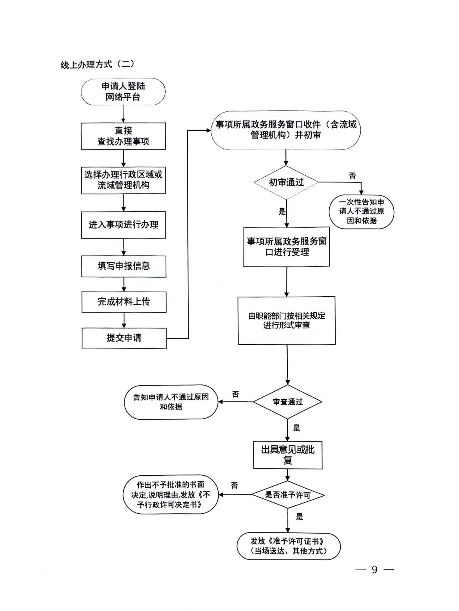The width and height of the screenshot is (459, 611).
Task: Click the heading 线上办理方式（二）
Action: click(97, 65)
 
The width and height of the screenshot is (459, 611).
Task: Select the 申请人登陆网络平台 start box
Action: click(123, 92)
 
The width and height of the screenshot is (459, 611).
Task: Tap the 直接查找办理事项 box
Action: click(123, 136)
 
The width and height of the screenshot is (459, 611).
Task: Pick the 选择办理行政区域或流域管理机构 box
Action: click(123, 180)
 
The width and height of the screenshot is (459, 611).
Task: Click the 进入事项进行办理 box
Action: click(123, 225)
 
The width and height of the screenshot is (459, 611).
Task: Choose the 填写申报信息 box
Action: click(124, 266)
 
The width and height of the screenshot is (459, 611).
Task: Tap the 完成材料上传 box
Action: click(124, 302)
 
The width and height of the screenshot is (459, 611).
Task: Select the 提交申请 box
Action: click(124, 338)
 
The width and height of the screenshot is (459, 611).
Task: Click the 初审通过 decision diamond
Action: click(286, 182)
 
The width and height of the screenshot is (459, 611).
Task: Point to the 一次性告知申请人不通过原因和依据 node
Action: click(361, 212)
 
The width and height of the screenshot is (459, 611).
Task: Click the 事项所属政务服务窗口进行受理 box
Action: click(287, 247)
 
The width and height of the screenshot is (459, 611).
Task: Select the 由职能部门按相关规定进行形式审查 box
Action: click(287, 321)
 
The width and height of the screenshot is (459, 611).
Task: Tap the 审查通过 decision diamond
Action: click(288, 402)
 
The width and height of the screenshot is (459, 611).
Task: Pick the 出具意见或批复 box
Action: click(288, 455)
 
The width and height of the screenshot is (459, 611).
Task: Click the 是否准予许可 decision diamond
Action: click(288, 495)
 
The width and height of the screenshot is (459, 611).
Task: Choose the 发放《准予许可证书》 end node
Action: click(289, 546)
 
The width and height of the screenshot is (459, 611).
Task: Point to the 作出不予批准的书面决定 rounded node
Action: click(171, 494)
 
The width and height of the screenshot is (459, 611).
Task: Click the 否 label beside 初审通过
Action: click(352, 176)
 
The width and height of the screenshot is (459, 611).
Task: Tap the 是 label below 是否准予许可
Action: click(300, 517)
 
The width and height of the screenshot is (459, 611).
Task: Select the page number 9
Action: click(375, 570)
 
